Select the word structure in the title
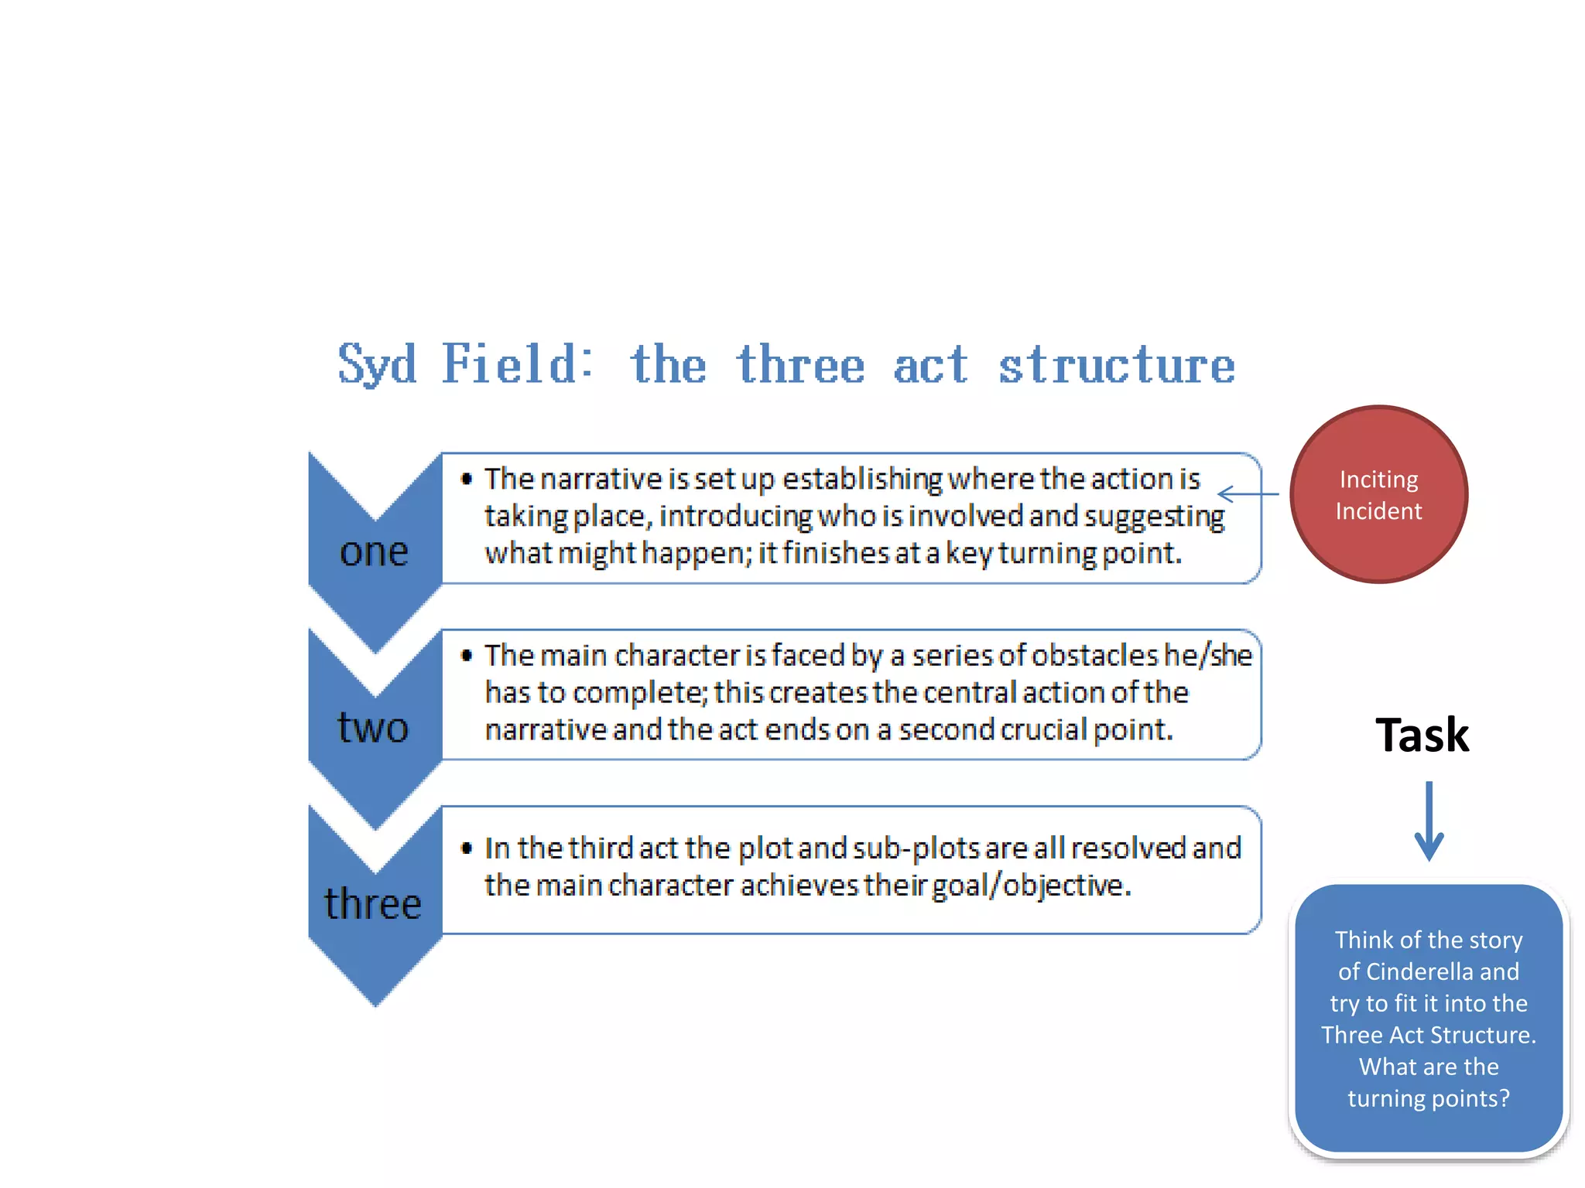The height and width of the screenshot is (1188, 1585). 1116,365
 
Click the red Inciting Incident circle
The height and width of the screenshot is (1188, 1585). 1378,494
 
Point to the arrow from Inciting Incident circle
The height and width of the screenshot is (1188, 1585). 1248,493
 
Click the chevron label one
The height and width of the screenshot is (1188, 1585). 374,551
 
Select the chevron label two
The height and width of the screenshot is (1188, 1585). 373,728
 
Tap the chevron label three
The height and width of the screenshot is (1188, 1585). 373,904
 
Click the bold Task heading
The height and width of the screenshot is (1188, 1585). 1422,735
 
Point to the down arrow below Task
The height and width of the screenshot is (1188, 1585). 1429,821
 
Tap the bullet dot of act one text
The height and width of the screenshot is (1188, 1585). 467,479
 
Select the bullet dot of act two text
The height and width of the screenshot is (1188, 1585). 467,655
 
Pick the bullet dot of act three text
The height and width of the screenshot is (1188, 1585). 467,848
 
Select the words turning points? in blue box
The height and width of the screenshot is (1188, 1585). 1429,1098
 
